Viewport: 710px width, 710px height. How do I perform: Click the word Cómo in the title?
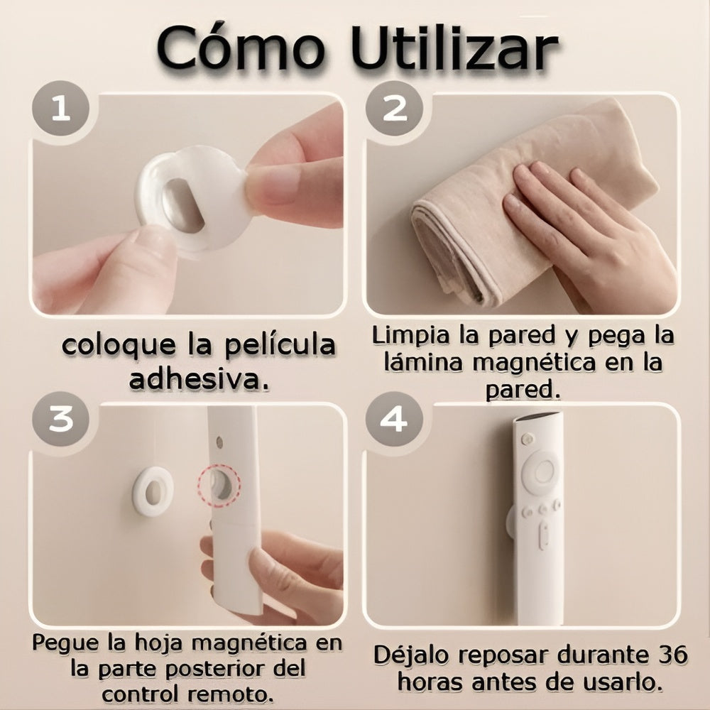241,48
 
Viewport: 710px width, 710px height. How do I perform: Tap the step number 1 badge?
60,109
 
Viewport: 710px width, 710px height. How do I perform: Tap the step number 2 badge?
394,109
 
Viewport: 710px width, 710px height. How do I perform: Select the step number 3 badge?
60,419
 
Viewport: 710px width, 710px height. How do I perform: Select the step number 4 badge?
394,419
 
